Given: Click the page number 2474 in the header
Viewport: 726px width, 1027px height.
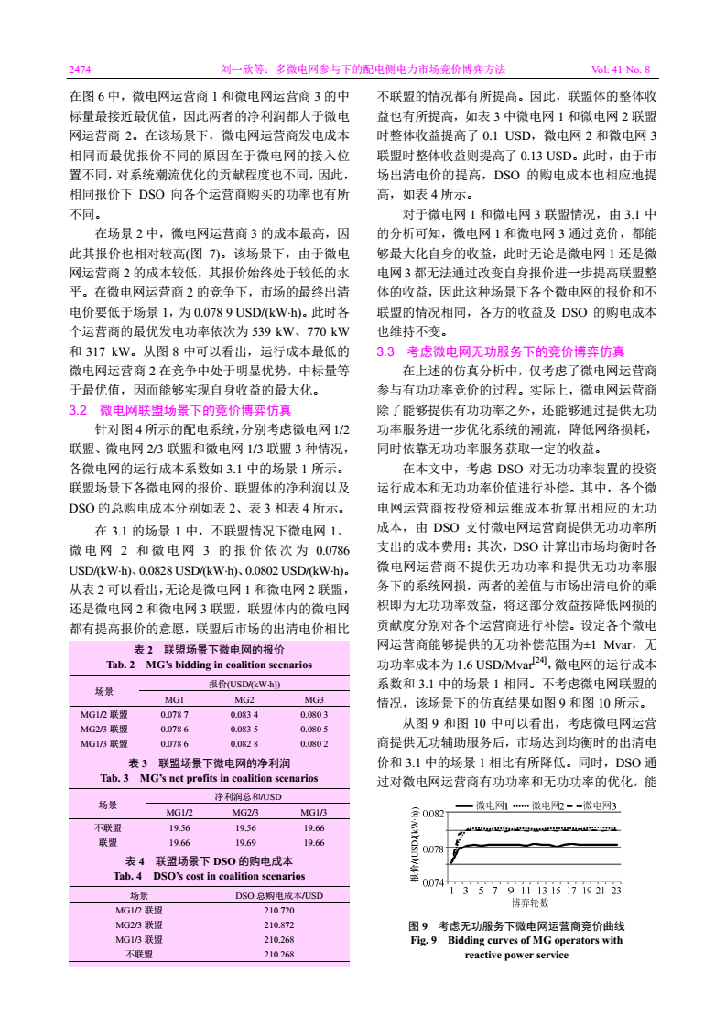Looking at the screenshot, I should coord(80,69).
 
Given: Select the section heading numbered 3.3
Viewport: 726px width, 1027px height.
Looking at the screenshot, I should coord(501,351).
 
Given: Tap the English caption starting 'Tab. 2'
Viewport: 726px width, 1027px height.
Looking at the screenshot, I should coord(210,665).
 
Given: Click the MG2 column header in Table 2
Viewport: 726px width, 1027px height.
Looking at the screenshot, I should coord(243,698).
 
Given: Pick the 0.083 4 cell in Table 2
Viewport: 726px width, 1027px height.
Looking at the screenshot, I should coord(243,714).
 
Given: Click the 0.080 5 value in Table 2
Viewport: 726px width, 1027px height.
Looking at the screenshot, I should coord(313,730).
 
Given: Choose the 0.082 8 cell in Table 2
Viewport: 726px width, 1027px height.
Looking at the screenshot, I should coord(243,744).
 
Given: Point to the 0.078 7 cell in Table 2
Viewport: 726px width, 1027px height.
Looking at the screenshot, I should coord(174,714).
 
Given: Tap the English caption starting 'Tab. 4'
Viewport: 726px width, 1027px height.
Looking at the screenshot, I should coord(210,877).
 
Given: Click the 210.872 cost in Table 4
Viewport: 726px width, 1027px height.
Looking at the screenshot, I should coord(279,925).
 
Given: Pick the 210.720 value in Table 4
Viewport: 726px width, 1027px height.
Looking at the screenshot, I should coord(279,911).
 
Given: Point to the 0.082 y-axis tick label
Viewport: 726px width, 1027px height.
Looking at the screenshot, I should coord(434,813).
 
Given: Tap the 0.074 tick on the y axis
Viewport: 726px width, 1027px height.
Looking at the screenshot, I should coord(434,883).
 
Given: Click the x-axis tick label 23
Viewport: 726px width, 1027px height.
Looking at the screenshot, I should coord(616,890).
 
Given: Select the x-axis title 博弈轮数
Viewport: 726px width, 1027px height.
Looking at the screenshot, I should coord(530,902).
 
